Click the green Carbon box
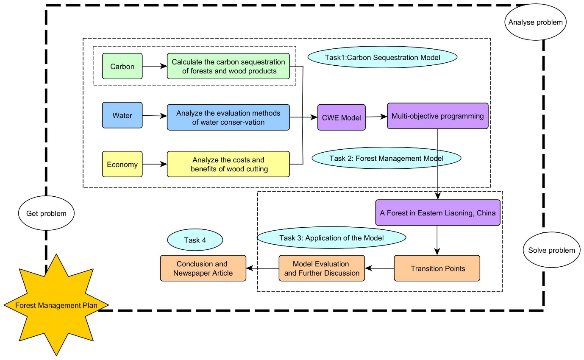pos(122,66)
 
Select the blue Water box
pos(122,115)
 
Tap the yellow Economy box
pos(122,164)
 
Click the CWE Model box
pos(341,117)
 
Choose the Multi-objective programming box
pos(437,116)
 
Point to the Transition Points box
pos(437,268)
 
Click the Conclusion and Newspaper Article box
pos(203,268)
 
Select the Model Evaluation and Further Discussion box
pos(322,268)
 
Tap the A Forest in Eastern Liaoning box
pos(438,212)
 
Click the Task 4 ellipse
pos(195,240)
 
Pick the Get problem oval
pos(46,213)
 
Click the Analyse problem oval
pos(536,22)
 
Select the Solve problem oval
pos(551,250)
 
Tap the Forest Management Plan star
pos(56,305)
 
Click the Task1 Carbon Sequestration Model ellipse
pos(382,57)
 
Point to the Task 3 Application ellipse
pos(331,237)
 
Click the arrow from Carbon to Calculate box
pos(155,66)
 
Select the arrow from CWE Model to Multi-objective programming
pos(376,117)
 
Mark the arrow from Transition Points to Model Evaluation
pos(379,268)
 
